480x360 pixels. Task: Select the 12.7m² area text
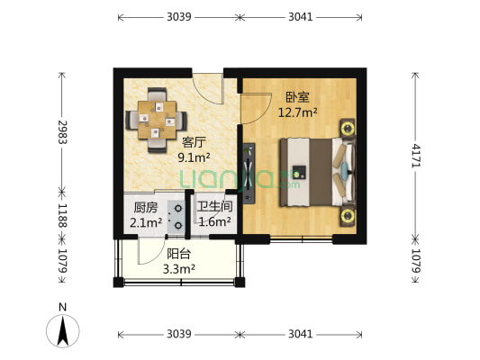pos(298,112)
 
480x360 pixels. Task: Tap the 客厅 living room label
pos(194,141)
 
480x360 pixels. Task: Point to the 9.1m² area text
pos(194,157)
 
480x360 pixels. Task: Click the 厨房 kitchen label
pos(143,207)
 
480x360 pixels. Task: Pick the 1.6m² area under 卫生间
pos(214,221)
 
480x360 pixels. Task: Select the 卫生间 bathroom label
pos(214,207)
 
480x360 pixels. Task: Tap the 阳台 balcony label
pos(178,253)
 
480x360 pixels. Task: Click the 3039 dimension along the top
pos(178,17)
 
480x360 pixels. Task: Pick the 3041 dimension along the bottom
pos(301,334)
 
